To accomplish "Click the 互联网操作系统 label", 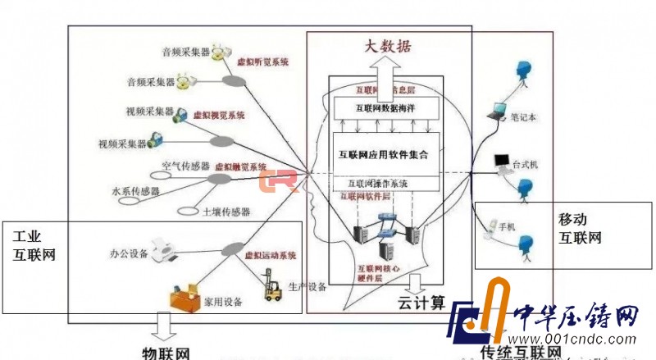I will pyautogui.click(x=377, y=184).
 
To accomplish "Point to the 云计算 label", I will pyautogui.click(x=426, y=302).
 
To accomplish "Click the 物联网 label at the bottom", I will pyautogui.click(x=166, y=353).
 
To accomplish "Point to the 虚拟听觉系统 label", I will pyautogui.click(x=262, y=62).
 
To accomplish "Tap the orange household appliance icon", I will pyautogui.click(x=185, y=296).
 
